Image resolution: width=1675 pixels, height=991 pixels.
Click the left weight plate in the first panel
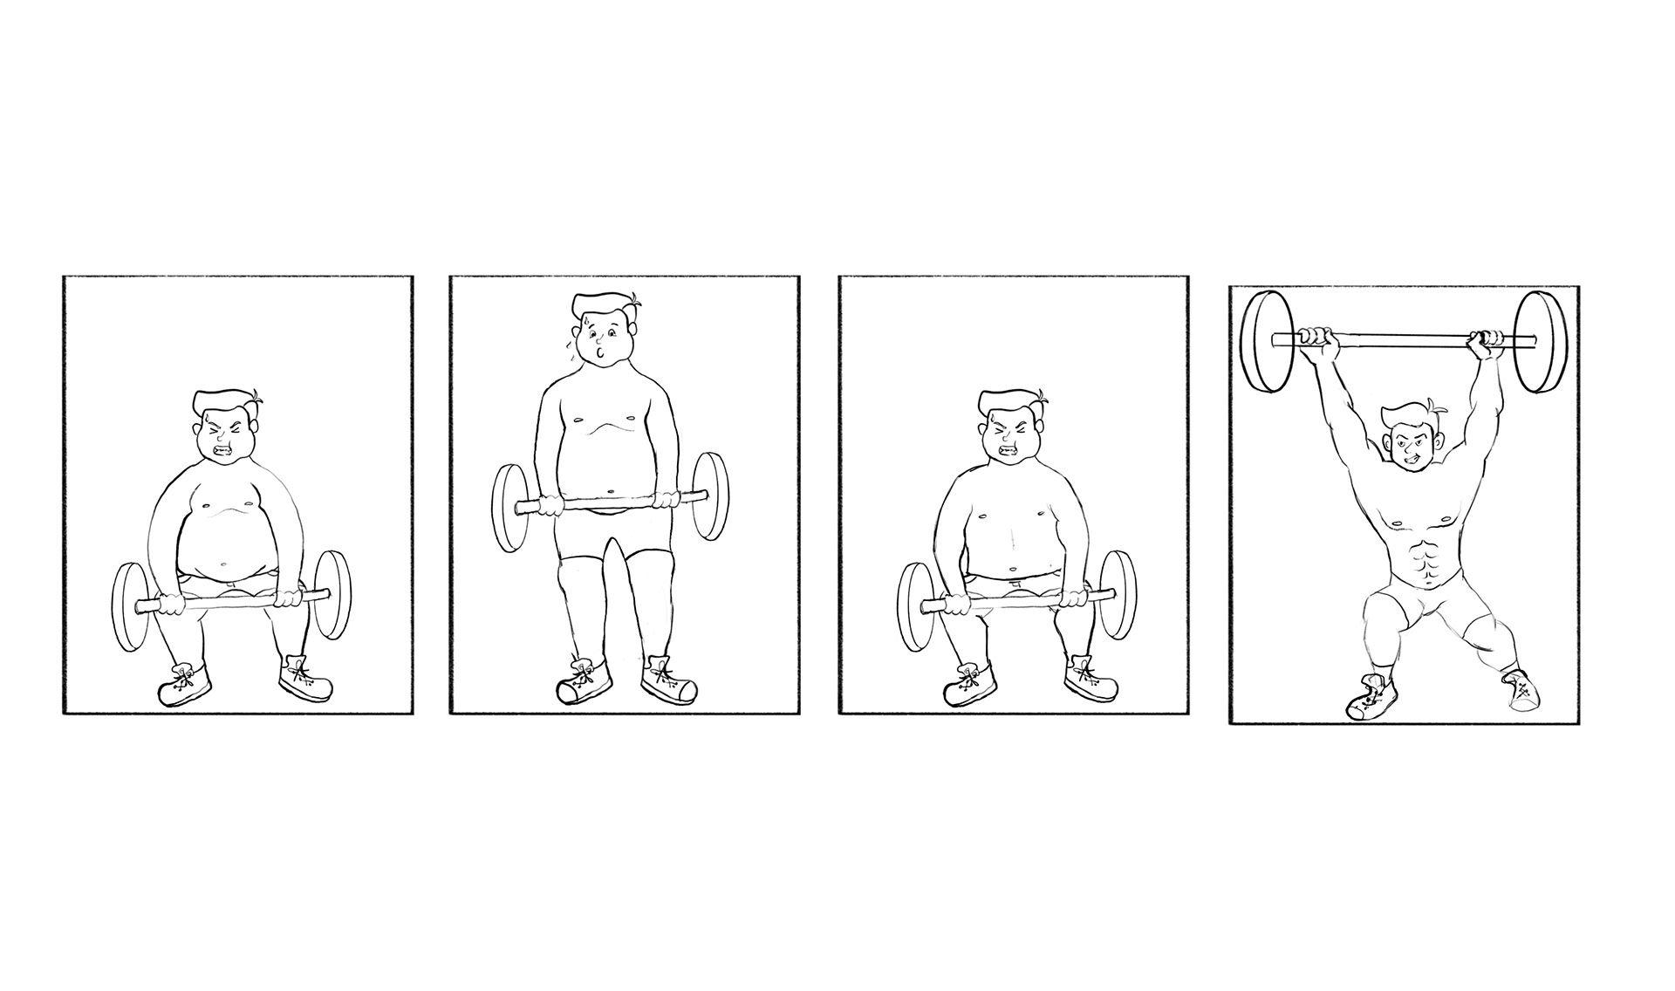coord(132,607)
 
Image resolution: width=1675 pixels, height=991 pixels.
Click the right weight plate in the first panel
coord(332,595)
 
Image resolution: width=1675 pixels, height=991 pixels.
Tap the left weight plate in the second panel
coord(509,509)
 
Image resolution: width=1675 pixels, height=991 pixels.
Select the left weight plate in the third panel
coord(914,607)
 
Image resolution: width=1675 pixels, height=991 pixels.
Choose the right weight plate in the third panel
coord(1118,595)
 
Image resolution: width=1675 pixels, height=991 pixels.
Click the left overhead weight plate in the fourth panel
coord(1266,343)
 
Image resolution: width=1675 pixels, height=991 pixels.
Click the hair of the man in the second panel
coord(607,306)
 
